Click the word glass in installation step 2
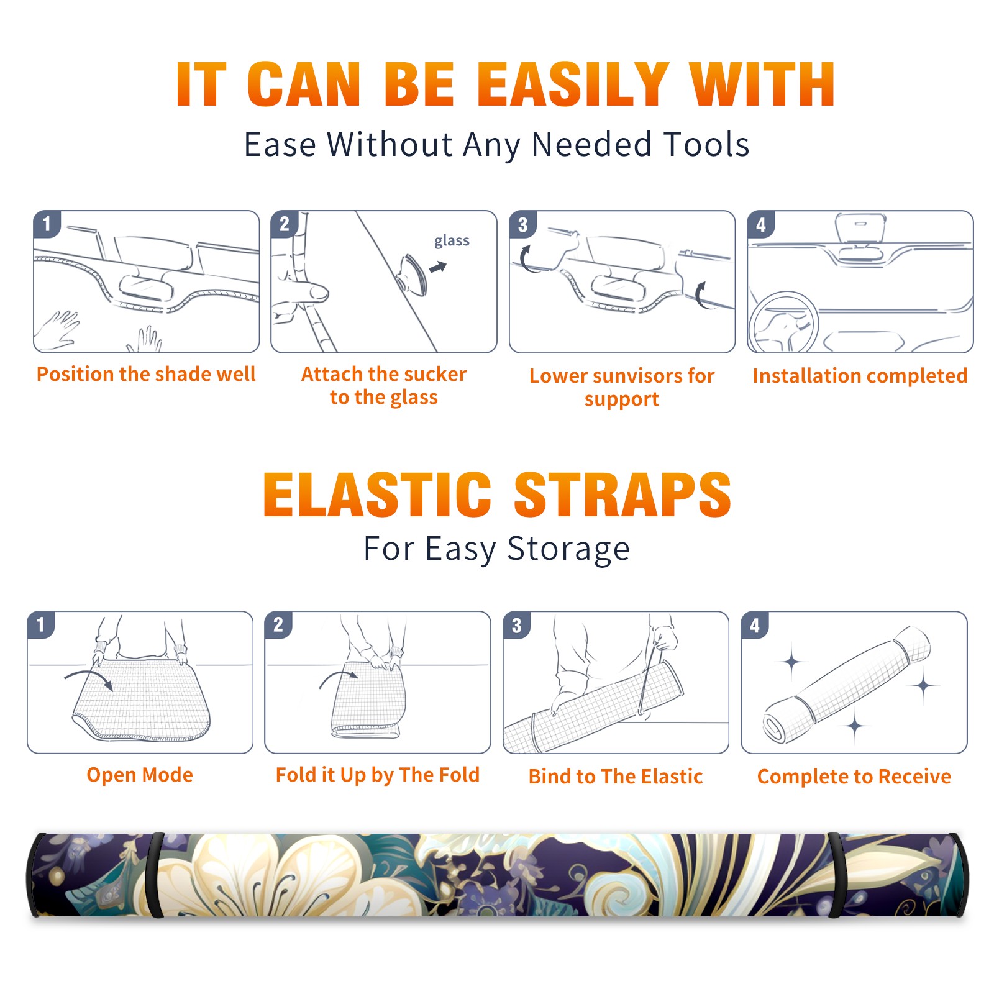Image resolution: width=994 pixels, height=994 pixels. [x=452, y=241]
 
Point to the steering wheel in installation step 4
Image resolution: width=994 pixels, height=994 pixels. [x=783, y=323]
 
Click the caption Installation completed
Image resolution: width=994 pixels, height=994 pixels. [x=860, y=375]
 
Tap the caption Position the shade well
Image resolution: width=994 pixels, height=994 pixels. [x=146, y=374]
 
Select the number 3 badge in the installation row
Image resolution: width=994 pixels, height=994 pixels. [x=522, y=224]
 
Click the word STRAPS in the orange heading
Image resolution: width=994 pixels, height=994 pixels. [x=622, y=495]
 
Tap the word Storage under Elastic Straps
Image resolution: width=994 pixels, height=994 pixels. [x=568, y=549]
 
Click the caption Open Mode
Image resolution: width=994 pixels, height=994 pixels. [x=140, y=775]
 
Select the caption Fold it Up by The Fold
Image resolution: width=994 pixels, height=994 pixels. [x=378, y=775]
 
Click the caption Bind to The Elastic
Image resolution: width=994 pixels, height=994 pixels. [x=616, y=777]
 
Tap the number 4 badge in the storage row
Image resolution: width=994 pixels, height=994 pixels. [x=755, y=625]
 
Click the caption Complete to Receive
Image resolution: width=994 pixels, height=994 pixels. [x=854, y=777]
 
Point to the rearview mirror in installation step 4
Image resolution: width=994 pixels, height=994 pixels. [x=860, y=230]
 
